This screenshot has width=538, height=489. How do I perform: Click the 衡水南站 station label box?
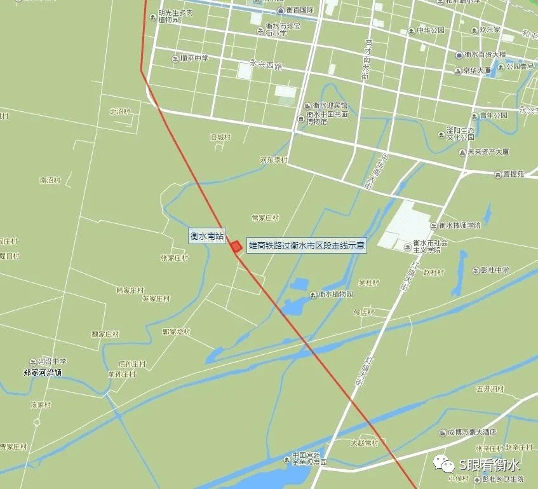[208, 236]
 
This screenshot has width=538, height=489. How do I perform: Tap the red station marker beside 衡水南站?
[236, 247]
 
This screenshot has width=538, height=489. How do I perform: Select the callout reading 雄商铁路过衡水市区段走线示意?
[307, 245]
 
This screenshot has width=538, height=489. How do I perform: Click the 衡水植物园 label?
[335, 294]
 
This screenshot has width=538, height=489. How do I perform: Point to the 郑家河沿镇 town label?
[46, 372]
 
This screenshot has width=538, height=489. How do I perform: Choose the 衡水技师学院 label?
[459, 225]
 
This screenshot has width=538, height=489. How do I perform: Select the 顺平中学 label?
[194, 59]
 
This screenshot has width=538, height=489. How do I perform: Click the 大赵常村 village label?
[364, 443]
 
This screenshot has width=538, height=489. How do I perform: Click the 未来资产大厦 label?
[488, 153]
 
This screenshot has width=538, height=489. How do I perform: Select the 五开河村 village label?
[489, 389]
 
